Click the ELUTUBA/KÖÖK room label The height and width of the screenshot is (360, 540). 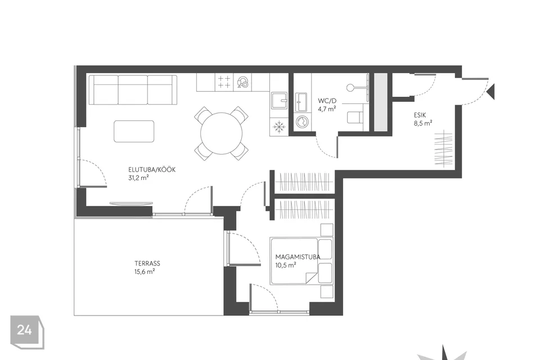coord(152,169)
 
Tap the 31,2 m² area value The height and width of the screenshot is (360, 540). coord(138,178)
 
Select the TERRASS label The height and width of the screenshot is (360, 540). coord(147,264)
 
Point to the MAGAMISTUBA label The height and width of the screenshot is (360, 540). coord(298,257)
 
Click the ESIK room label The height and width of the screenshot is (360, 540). coord(420,115)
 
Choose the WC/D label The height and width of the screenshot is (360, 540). coord(327,101)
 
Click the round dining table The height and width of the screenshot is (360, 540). coord(222,133)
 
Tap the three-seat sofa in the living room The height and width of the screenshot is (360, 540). coord(133,90)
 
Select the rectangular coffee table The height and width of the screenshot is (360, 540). coord(134,131)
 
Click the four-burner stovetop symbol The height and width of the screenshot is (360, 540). coord(224,82)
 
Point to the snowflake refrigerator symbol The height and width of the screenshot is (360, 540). coord(278,127)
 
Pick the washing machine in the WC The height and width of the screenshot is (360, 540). coord(303,122)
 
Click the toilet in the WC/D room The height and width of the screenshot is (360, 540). coord(355,117)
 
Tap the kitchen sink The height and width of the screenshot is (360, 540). coord(278,101)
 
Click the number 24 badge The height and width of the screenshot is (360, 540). coord(27,332)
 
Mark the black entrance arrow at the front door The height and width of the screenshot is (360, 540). coord(490,91)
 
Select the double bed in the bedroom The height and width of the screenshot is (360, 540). coord(301,261)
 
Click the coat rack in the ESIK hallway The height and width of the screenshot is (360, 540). coord(443,148)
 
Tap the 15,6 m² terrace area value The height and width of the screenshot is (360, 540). coord(145,272)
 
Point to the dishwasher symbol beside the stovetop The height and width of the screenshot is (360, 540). coord(242,82)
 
